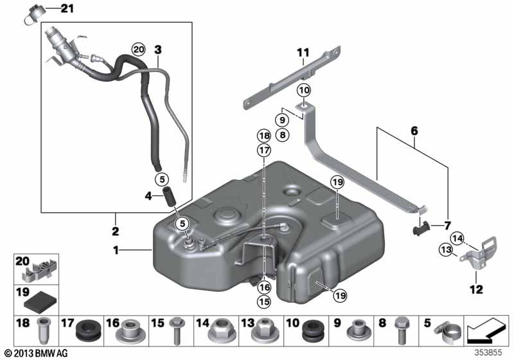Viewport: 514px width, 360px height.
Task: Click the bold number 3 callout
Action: [x=158, y=49]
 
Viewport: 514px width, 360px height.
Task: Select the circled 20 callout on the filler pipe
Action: [x=138, y=49]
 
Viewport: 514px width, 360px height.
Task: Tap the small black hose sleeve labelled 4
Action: [x=170, y=195]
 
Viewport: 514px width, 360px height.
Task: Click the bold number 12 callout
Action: [x=476, y=289]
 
